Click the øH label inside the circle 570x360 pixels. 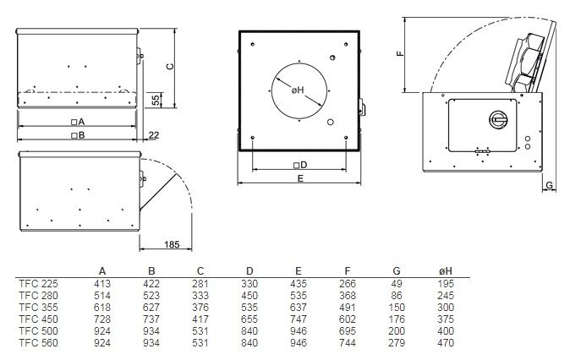[x=298, y=90]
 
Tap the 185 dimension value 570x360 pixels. [x=172, y=244]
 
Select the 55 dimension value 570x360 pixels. [x=156, y=101]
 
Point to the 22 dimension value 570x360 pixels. [x=154, y=135]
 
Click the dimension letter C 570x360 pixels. [x=170, y=67]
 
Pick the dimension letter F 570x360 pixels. [x=400, y=54]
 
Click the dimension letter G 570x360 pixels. [x=549, y=185]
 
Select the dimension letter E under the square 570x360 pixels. [x=300, y=178]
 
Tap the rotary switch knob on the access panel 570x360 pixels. [x=498, y=119]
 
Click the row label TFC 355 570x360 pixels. [x=38, y=308]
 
